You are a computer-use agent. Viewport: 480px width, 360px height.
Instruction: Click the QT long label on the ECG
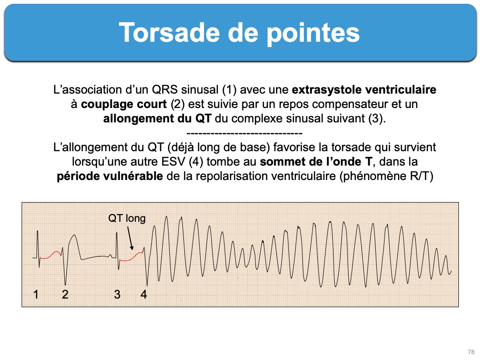click(x=127, y=218)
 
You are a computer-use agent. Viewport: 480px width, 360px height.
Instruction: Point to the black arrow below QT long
click(x=130, y=238)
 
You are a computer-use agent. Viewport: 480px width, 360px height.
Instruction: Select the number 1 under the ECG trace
click(x=36, y=294)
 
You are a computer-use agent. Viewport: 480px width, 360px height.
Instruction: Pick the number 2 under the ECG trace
click(x=65, y=294)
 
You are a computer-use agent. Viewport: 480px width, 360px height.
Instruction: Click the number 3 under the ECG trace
click(x=117, y=294)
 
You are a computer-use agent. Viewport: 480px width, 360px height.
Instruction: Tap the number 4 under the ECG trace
click(x=144, y=294)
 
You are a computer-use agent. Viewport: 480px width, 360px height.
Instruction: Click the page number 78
click(x=471, y=352)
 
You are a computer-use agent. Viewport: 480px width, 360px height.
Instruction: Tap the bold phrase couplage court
click(x=124, y=104)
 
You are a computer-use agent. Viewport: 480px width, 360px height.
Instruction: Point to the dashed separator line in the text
click(x=244, y=133)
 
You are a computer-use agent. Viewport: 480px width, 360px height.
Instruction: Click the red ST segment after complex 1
click(x=51, y=255)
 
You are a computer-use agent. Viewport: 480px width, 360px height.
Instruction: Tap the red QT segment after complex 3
click(x=132, y=257)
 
